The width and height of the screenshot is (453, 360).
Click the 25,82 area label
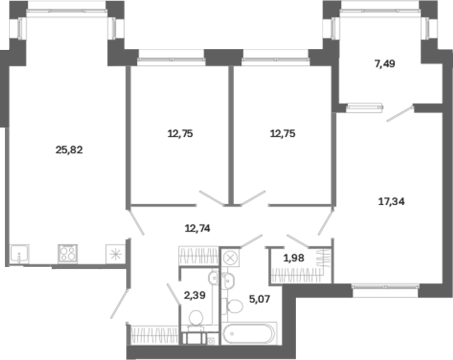[x=69, y=150]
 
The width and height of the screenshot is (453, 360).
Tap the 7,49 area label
[x=385, y=64]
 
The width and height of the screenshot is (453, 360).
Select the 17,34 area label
[x=391, y=202]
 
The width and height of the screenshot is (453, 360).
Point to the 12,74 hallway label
[x=197, y=229]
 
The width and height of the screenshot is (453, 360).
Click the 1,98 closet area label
[x=294, y=258]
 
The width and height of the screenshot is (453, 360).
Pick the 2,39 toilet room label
[x=195, y=295]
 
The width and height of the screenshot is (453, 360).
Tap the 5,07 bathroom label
[x=260, y=299]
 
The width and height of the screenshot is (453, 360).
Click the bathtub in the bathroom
[x=249, y=334]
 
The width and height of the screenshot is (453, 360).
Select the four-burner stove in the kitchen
[x=68, y=254]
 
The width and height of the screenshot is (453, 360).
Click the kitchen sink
[x=19, y=254]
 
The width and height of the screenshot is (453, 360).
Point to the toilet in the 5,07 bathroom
[x=234, y=306]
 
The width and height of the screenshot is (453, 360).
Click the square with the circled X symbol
[x=230, y=257]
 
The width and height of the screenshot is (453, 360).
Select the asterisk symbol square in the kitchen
[x=116, y=254]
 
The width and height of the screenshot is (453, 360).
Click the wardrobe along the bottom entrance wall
[x=154, y=335]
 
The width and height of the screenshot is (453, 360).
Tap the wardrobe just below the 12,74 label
[x=199, y=255]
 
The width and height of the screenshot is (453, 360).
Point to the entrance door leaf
[x=119, y=304]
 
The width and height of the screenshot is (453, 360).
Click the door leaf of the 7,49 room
[x=400, y=114]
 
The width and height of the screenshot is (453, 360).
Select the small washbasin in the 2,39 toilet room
[x=213, y=278]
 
